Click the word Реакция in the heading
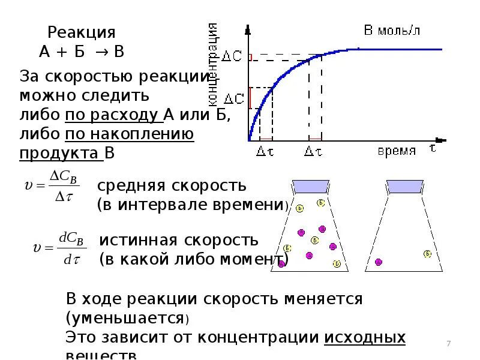(x=81, y=32)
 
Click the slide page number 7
(x=448, y=343)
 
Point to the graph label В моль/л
(x=392, y=31)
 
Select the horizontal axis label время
(x=397, y=151)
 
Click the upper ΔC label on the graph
(x=233, y=56)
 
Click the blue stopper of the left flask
(x=308, y=187)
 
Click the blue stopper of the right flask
(x=406, y=187)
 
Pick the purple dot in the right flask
(x=379, y=262)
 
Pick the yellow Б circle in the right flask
(x=427, y=254)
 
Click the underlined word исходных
(x=365, y=337)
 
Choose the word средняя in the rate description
(x=135, y=185)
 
